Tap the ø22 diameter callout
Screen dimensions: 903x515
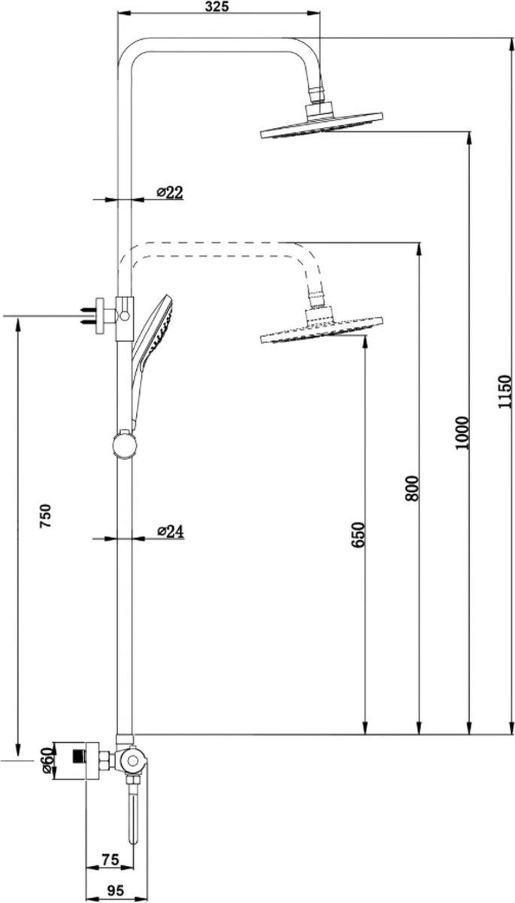[x=171, y=193]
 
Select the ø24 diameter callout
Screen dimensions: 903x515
[x=171, y=531]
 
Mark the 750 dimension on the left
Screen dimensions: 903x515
[x=46, y=518]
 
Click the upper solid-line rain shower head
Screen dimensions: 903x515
[x=321, y=126]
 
